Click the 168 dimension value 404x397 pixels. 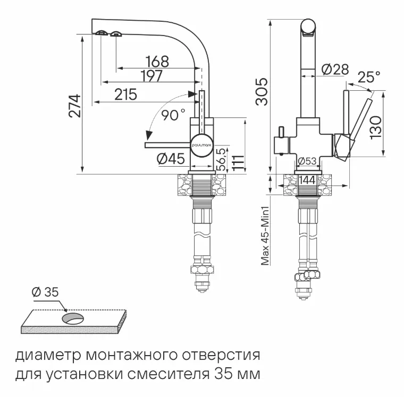[x=157, y=62]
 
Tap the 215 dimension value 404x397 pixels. [x=126, y=94]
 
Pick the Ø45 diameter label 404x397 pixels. [x=170, y=158]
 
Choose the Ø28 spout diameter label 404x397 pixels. [x=334, y=69]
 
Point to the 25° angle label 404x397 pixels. [x=368, y=77]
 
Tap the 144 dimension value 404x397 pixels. [x=307, y=180]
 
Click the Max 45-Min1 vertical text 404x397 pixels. [x=264, y=229]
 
